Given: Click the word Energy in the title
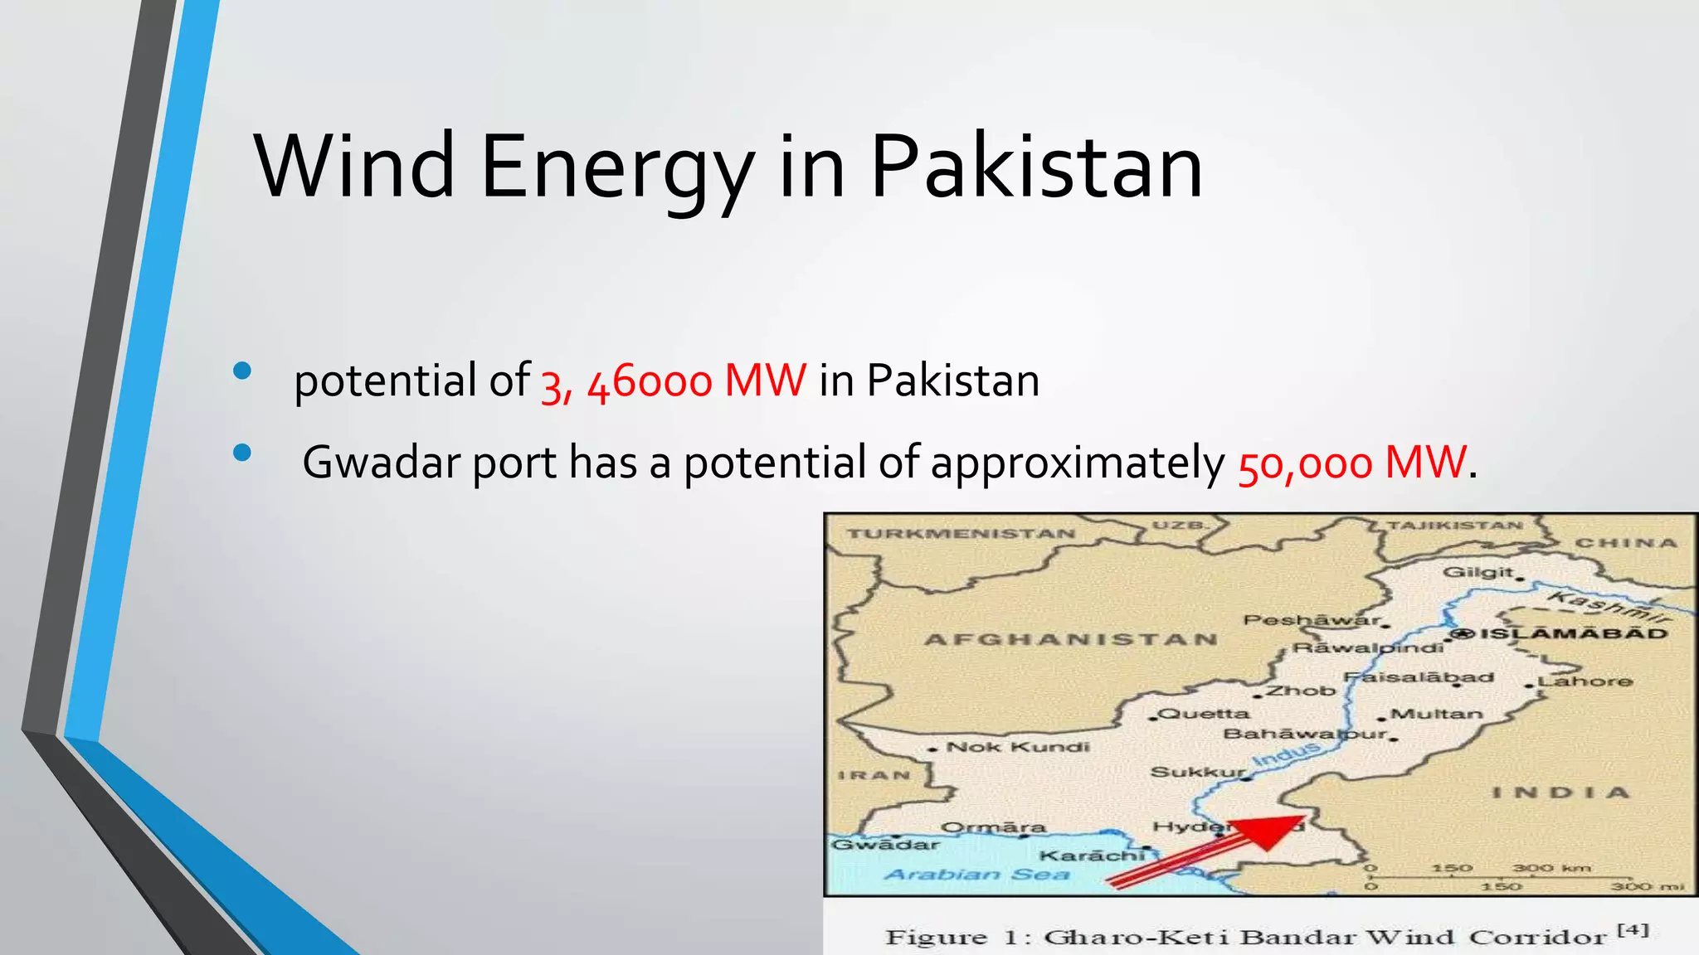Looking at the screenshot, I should click(x=616, y=167).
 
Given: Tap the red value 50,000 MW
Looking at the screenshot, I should click(x=1351, y=463).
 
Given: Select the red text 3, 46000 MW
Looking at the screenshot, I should click(x=673, y=381).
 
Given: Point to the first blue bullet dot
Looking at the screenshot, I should click(x=242, y=371).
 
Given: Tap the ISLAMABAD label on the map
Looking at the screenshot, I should click(x=1573, y=633).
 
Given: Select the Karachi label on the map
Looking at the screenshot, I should click(x=1092, y=855).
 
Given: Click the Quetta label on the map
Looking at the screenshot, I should click(x=1203, y=713).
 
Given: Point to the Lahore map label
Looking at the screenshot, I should click(x=1585, y=681).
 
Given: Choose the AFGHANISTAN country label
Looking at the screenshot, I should click(x=1071, y=639).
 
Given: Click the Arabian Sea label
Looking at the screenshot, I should click(x=976, y=875).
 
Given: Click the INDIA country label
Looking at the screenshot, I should click(x=1560, y=793).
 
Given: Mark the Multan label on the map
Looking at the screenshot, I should click(x=1436, y=714).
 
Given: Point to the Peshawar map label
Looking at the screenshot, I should click(x=1311, y=619).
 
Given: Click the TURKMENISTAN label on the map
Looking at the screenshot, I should click(x=961, y=533).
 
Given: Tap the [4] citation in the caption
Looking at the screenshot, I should click(x=1633, y=929).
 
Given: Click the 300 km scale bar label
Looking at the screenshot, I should click(x=1551, y=868).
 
